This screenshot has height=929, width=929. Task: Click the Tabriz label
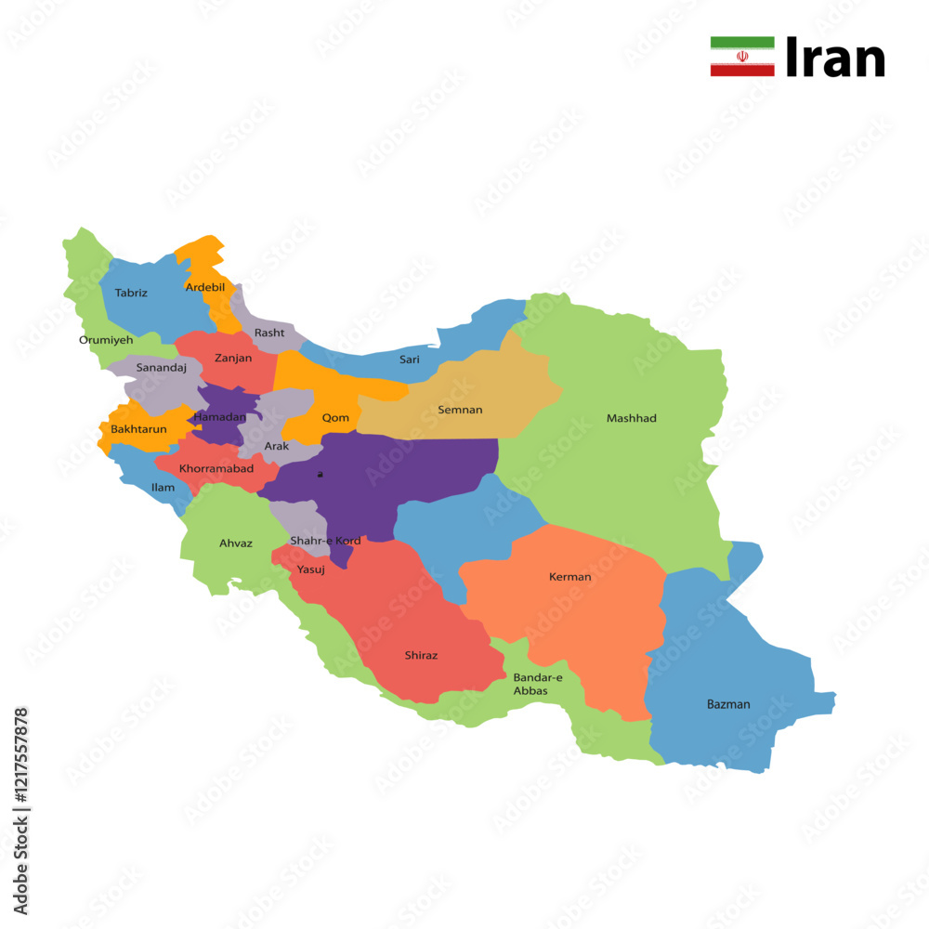click(x=131, y=293)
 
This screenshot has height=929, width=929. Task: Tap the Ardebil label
click(x=205, y=287)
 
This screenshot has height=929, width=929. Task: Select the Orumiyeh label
click(x=106, y=340)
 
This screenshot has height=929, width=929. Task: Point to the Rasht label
click(x=269, y=333)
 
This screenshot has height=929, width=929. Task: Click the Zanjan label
click(x=233, y=358)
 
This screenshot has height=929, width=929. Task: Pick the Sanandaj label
click(x=162, y=368)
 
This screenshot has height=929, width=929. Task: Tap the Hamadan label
click(x=220, y=417)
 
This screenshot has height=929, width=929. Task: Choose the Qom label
click(x=335, y=418)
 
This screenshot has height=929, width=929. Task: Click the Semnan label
click(x=460, y=410)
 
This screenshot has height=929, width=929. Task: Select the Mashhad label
click(x=632, y=418)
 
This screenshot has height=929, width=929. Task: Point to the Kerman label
click(x=570, y=577)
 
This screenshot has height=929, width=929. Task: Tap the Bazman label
click(x=728, y=704)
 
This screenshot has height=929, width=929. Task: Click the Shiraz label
click(x=421, y=655)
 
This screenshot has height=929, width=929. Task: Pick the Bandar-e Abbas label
click(x=538, y=685)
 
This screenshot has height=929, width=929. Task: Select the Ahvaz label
click(x=236, y=543)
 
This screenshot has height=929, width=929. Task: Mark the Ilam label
click(x=163, y=487)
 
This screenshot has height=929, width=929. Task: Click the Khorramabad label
click(x=216, y=468)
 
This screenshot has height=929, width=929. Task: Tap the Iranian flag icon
click(x=742, y=57)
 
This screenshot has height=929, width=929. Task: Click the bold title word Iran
click(x=835, y=59)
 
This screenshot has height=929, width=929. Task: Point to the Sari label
click(x=410, y=360)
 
